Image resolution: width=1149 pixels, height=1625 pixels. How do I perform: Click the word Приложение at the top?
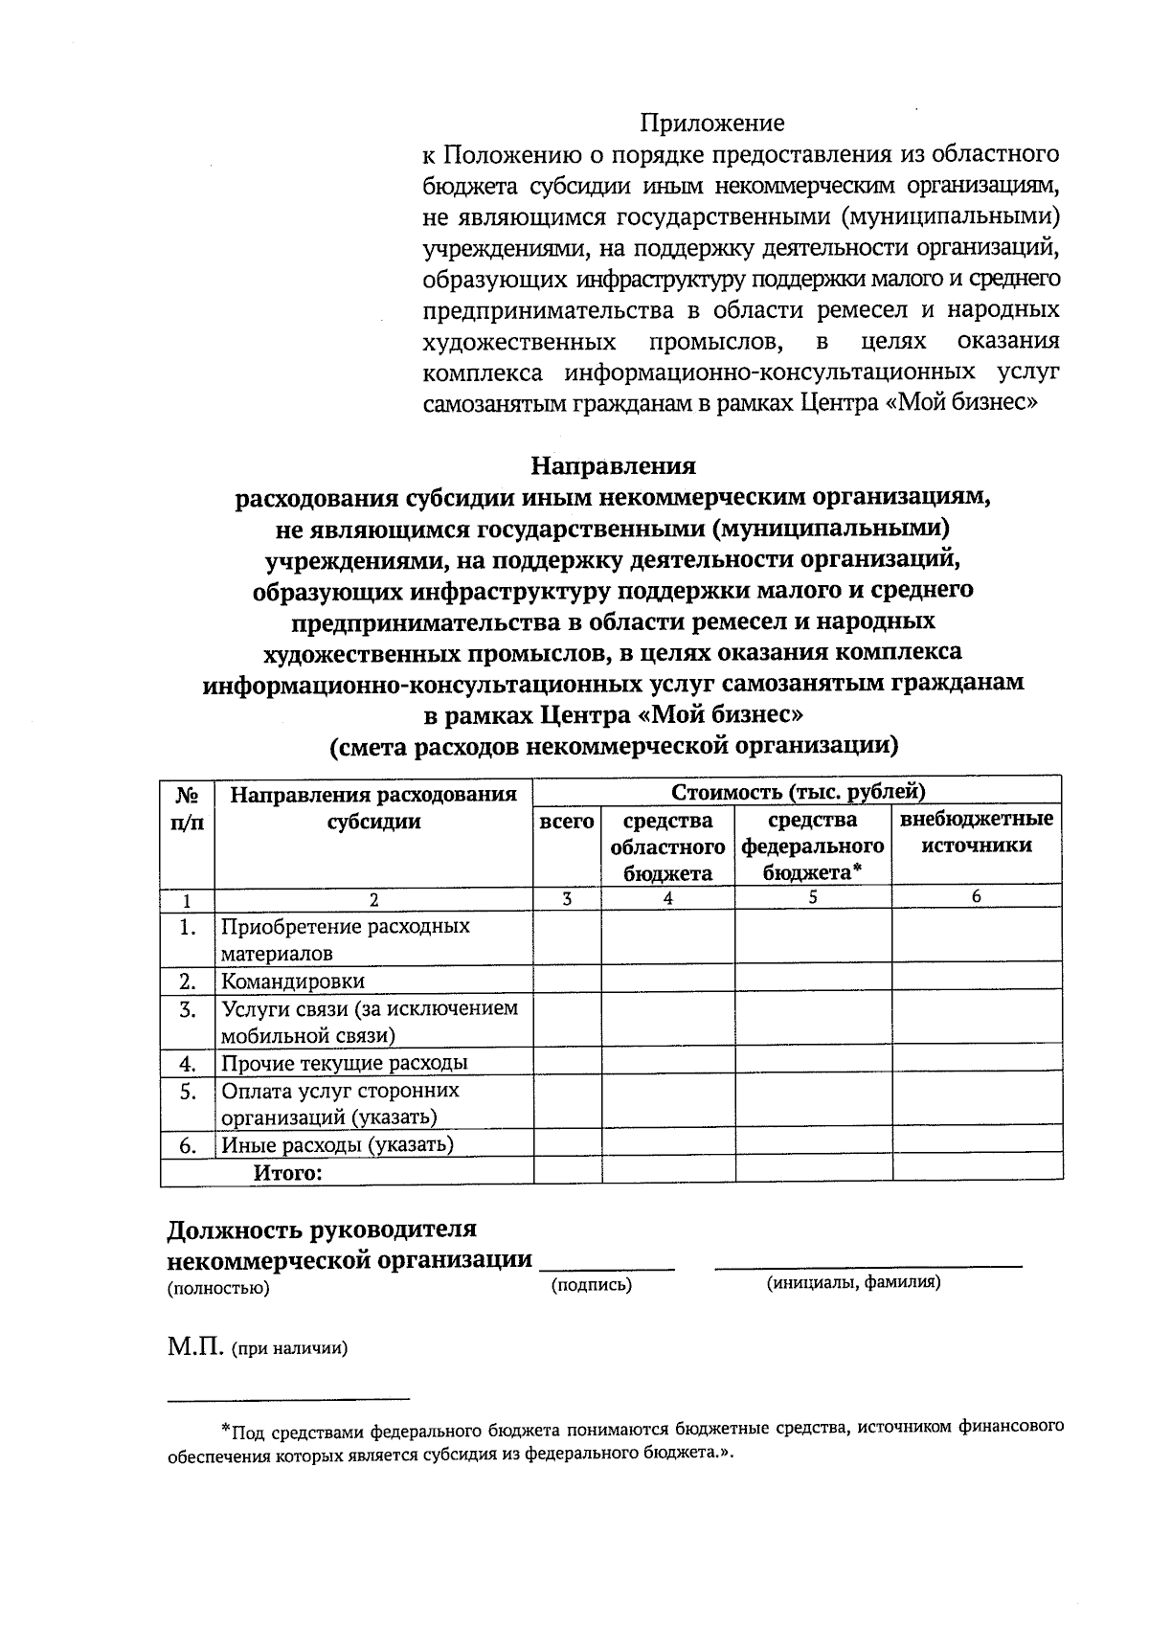pos(711,124)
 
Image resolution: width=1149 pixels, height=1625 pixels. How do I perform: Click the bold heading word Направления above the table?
pos(614,466)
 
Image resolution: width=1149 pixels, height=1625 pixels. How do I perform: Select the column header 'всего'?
pos(567,822)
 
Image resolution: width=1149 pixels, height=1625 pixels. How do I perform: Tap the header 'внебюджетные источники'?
pos(976,832)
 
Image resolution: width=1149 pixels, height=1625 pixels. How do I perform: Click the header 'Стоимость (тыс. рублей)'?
pos(798,792)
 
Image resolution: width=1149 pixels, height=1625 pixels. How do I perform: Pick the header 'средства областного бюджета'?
pos(667,846)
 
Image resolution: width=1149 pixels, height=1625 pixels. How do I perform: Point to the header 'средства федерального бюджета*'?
pos(813,846)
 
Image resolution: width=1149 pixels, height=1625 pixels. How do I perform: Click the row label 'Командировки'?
pos(292,982)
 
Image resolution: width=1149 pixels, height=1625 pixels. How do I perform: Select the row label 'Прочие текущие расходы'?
pos(344,1063)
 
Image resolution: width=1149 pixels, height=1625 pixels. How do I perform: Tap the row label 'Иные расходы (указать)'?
pos(337,1144)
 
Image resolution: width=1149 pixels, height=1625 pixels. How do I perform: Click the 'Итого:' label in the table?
pos(286,1172)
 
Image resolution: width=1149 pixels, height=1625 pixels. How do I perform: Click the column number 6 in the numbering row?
pos(976,897)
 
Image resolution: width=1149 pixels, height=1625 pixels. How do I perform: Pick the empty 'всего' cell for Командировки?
pos(567,981)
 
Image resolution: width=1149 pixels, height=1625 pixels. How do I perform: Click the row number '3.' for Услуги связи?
pos(188,1009)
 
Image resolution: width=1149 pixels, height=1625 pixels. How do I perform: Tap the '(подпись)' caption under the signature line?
pos(592,1285)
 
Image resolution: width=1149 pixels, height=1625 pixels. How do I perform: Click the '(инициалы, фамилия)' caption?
pos(852,1282)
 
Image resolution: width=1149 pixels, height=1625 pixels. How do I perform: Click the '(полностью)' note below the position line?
pos(218,1289)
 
